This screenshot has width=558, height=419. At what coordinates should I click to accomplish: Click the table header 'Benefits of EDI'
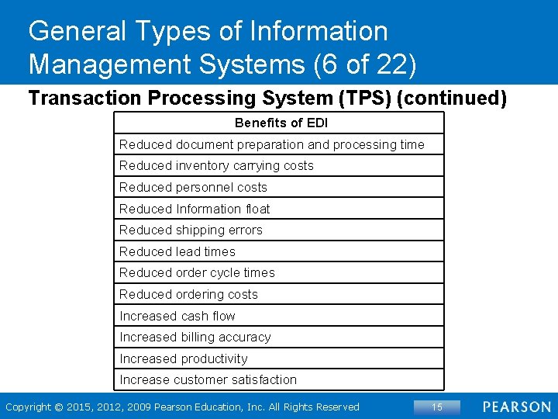(x=281, y=123)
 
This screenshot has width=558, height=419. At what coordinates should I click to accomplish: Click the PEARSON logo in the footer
(x=516, y=407)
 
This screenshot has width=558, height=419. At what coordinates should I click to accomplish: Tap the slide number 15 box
(x=436, y=407)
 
